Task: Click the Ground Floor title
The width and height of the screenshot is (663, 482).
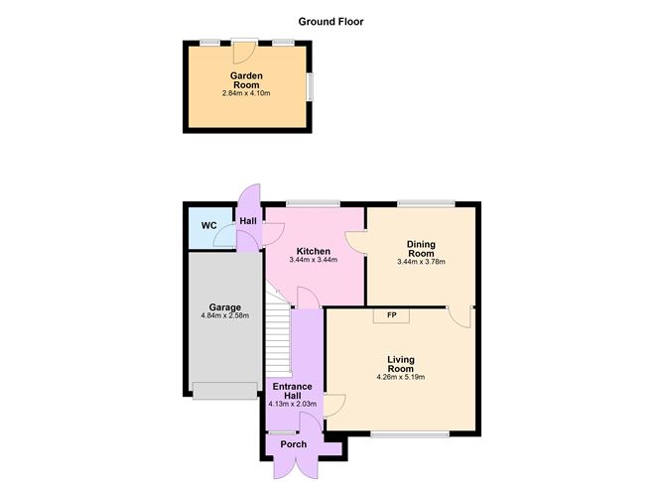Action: pyautogui.click(x=331, y=20)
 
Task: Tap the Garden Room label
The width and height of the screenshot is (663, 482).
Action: pyautogui.click(x=245, y=80)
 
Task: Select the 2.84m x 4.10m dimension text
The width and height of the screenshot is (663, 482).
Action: pyautogui.click(x=245, y=95)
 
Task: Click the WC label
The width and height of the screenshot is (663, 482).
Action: pyautogui.click(x=209, y=225)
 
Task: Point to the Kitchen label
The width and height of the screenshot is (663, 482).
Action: pyautogui.click(x=313, y=251)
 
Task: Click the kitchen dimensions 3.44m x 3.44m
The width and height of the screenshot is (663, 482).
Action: pyautogui.click(x=313, y=261)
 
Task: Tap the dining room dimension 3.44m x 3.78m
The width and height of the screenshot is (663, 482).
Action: pyautogui.click(x=421, y=263)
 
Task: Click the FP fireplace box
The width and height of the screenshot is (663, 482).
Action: pyautogui.click(x=393, y=315)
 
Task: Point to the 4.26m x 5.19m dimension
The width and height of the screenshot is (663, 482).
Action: pyautogui.click(x=401, y=378)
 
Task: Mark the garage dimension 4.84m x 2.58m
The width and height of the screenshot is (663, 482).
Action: pyautogui.click(x=221, y=316)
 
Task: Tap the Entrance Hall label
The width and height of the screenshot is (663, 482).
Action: pyautogui.click(x=293, y=391)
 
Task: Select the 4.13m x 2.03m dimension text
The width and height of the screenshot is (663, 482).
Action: pyautogui.click(x=293, y=404)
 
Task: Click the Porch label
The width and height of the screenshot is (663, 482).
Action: pyautogui.click(x=293, y=444)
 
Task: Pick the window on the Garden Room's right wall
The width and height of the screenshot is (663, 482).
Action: pyautogui.click(x=310, y=86)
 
